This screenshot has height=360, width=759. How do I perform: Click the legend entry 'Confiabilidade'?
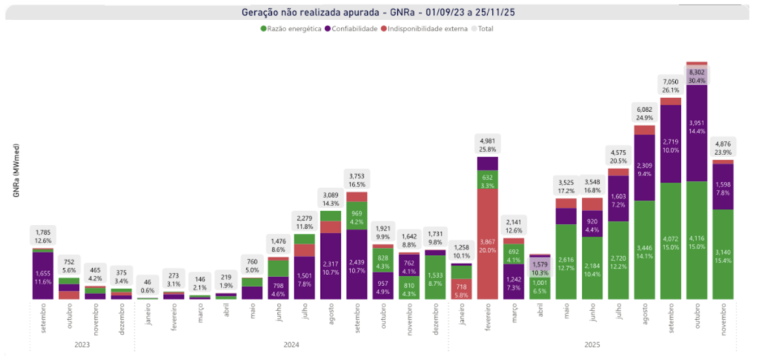[x=351, y=29]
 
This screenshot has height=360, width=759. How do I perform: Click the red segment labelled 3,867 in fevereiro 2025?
[x=488, y=244]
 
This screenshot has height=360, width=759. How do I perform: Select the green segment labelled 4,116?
[x=697, y=241]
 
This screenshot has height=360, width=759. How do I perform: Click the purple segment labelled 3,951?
[x=697, y=133]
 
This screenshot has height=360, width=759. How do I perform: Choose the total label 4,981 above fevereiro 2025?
[x=488, y=144]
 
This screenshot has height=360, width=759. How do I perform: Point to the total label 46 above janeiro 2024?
[x=147, y=285]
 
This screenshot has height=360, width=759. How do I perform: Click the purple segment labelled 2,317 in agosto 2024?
[x=331, y=267]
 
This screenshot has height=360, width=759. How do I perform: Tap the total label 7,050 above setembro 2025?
[x=671, y=85]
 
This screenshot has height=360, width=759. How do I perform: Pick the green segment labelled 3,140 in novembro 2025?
[x=723, y=256]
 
